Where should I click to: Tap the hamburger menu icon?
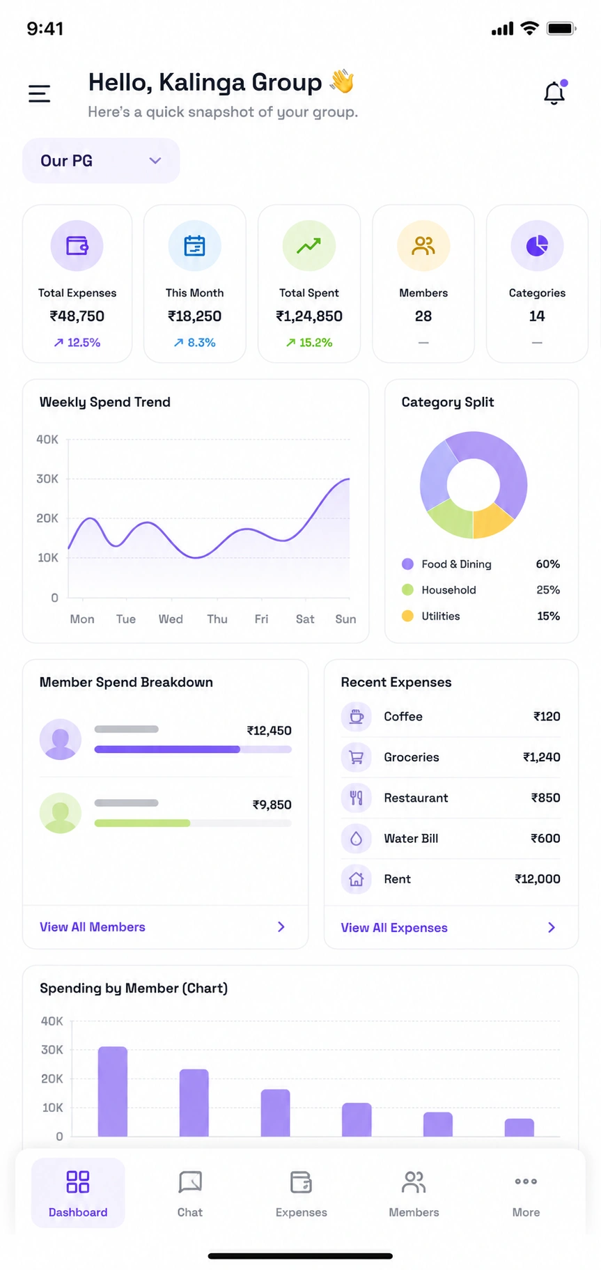(39, 93)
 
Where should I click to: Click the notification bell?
(554, 93)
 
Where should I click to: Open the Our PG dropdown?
(101, 161)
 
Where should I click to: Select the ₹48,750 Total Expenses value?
(77, 316)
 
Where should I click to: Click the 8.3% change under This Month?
(194, 343)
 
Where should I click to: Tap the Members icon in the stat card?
(423, 246)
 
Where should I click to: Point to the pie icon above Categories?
(537, 246)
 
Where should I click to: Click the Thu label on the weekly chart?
(217, 619)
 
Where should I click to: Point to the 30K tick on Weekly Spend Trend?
(47, 479)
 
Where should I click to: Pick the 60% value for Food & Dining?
(548, 564)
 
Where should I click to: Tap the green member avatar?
(61, 813)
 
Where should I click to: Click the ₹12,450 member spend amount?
(269, 731)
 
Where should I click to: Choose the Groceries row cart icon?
(357, 757)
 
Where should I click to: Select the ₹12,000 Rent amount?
(538, 879)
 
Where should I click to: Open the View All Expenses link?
(394, 928)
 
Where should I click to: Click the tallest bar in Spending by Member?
(113, 1092)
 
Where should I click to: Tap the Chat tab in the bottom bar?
(190, 1193)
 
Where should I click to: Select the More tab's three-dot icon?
(526, 1182)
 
